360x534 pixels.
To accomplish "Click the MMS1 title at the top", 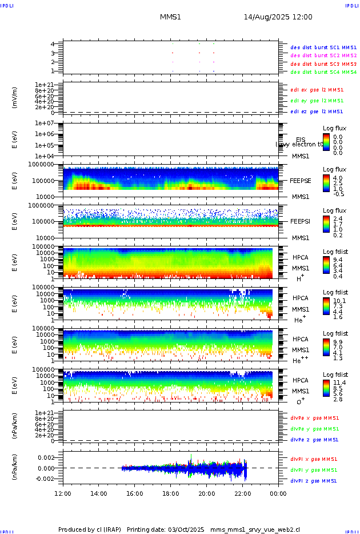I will tap(170, 17).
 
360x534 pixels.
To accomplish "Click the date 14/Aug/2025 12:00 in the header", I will tap(278, 17).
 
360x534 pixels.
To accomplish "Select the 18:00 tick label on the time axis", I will tap(170, 493).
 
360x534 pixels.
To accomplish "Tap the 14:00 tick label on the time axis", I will tap(99, 493).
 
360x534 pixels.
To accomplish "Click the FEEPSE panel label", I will tap(300, 180).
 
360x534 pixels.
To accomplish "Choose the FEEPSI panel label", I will tap(300, 221).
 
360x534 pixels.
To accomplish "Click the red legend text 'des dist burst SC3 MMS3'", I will tap(323, 64).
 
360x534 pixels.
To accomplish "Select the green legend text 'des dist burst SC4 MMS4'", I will tap(323, 72).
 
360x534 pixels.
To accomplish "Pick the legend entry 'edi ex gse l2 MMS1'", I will tap(317, 90).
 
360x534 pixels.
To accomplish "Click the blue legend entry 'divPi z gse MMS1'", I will tap(314, 481).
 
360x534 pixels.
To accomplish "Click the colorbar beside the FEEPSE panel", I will tap(326, 184).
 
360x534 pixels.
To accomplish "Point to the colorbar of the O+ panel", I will tap(326, 388).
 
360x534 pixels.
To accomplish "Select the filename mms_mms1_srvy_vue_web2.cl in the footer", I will tap(254, 529).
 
